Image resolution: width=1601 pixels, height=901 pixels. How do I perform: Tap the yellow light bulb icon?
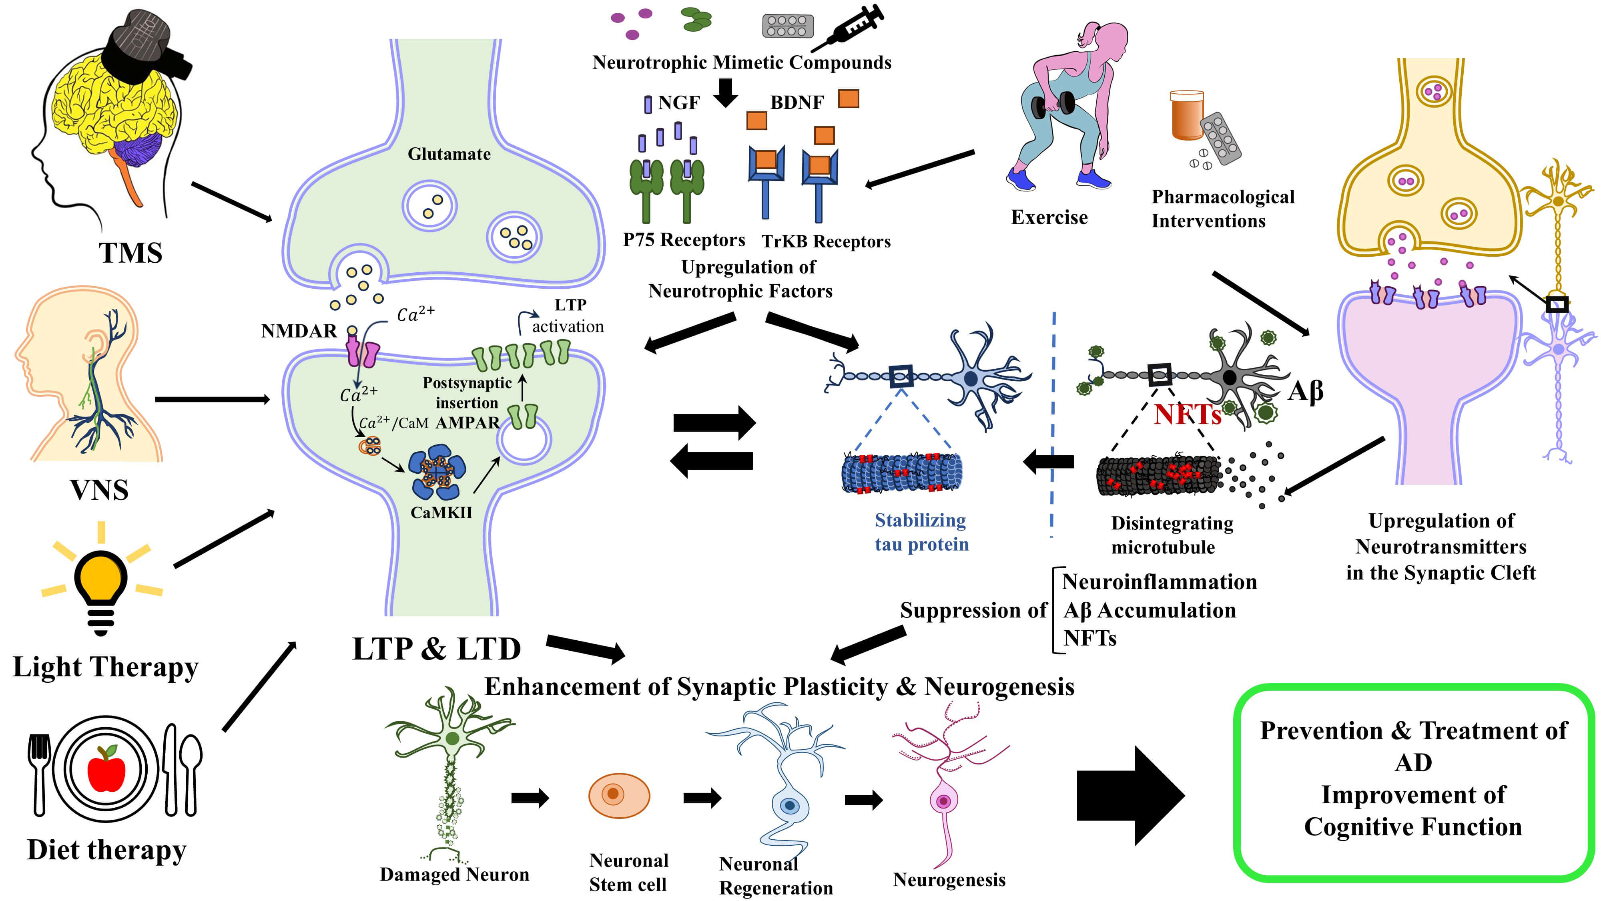click(x=101, y=581)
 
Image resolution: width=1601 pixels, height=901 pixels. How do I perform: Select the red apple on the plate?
click(x=106, y=770)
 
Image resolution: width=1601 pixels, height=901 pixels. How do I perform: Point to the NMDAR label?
click(x=299, y=331)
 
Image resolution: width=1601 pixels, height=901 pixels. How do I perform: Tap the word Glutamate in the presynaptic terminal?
click(x=449, y=154)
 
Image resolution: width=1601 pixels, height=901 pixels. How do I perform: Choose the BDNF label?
click(x=797, y=103)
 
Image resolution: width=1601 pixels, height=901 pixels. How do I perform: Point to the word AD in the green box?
click(x=1413, y=762)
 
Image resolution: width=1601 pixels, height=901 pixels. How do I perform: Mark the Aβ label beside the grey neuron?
click(x=1305, y=392)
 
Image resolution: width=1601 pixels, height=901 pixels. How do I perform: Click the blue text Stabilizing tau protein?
click(x=921, y=532)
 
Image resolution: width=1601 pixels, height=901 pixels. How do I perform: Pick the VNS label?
click(x=99, y=490)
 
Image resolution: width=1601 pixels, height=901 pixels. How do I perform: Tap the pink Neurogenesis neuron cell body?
click(x=943, y=801)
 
